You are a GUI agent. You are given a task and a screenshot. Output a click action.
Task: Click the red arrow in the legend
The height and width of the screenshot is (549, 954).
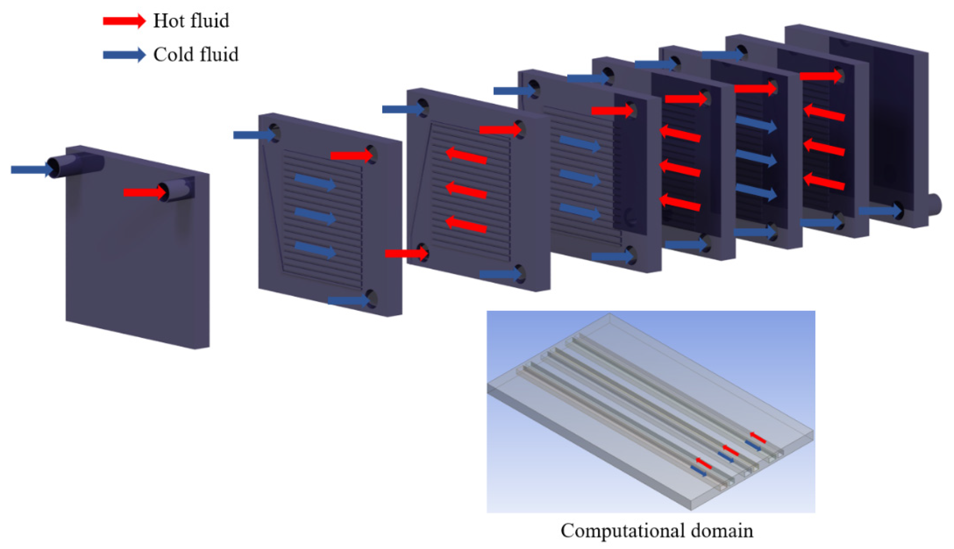tap(124, 21)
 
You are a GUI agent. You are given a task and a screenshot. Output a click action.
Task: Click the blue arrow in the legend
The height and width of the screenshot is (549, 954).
tap(124, 55)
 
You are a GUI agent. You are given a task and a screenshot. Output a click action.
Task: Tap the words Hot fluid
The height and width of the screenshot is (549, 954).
tap(191, 21)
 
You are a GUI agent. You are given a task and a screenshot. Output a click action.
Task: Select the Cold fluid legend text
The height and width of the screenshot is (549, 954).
tap(196, 55)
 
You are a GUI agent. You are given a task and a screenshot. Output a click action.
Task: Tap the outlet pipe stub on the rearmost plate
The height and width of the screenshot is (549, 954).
tap(937, 206)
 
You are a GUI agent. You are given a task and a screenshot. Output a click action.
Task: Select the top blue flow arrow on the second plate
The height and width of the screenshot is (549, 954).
tap(315, 182)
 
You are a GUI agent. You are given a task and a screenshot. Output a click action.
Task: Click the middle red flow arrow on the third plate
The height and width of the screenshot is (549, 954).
tap(466, 191)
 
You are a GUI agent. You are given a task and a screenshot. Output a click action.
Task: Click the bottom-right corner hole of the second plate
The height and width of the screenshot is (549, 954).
tap(372, 299)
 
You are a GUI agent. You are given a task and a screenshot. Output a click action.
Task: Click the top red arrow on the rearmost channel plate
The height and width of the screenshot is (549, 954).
tap(820, 76)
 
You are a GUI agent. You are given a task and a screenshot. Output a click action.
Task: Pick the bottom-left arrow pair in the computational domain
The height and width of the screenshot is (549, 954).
tap(701, 467)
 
